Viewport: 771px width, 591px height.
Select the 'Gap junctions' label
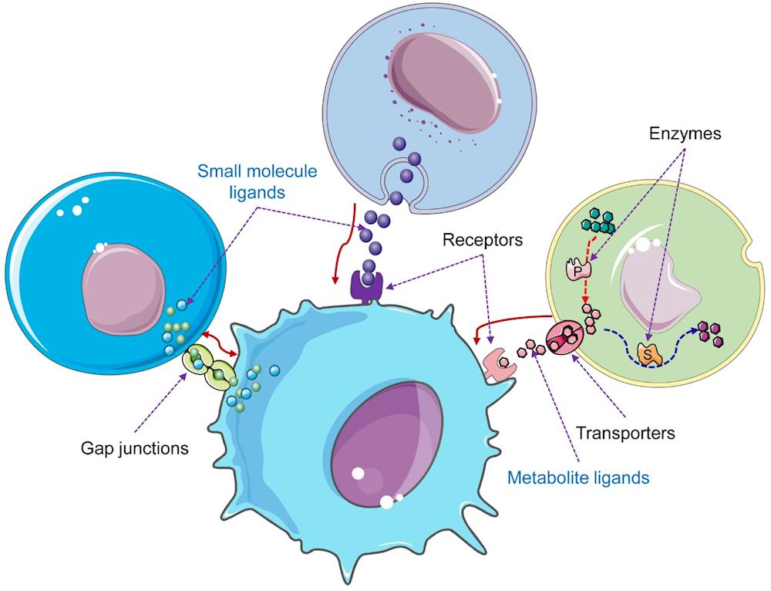136,447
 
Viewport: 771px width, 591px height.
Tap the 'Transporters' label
626,433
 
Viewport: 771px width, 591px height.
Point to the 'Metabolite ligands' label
577,478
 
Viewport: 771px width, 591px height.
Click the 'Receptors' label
483,240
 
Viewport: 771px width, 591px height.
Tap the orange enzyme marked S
651,355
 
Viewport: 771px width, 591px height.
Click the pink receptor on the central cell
499,363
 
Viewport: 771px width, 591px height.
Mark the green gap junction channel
208,369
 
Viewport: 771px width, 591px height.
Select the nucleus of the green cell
662,289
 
